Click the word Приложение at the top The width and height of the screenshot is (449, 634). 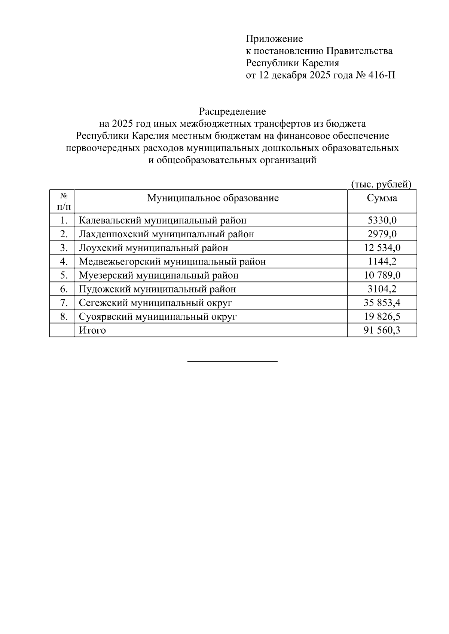[x=274, y=39]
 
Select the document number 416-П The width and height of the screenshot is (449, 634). [x=382, y=75]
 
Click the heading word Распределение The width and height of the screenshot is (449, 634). [x=232, y=111]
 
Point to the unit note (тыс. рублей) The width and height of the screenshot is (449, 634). [x=381, y=184]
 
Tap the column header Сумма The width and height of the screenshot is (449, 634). [x=382, y=198]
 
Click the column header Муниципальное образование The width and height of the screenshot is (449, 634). [x=213, y=198]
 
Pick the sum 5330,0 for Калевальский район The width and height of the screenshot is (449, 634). [x=382, y=220]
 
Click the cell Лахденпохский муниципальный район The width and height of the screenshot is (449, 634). [x=167, y=234]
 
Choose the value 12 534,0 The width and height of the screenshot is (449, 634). [x=382, y=248]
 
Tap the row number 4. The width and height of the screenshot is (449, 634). [x=64, y=262]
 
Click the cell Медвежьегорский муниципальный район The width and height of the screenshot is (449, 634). [x=172, y=262]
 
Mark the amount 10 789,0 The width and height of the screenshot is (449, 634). [x=382, y=276]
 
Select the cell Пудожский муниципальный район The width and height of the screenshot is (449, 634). [x=157, y=289]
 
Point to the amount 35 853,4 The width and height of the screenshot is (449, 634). [x=382, y=303]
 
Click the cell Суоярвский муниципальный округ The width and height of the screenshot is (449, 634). [x=158, y=317]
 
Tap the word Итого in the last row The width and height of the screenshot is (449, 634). [x=92, y=330]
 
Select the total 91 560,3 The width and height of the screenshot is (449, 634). [x=382, y=330]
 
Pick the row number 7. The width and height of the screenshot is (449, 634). [x=64, y=303]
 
